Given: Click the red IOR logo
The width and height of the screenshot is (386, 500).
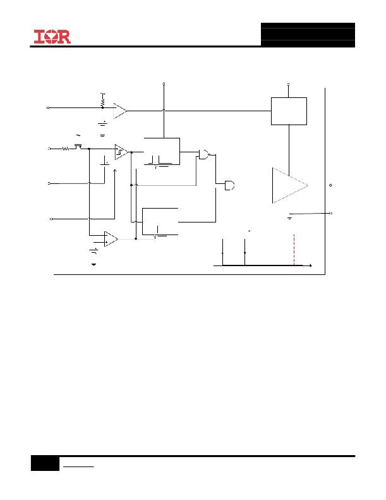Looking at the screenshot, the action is pyautogui.click(x=52, y=37).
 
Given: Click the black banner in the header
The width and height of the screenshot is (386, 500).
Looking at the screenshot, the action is pyautogui.click(x=308, y=35).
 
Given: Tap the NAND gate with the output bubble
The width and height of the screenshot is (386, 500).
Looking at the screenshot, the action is pyautogui.click(x=204, y=154).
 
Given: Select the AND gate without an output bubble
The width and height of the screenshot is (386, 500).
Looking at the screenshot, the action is pyautogui.click(x=229, y=185).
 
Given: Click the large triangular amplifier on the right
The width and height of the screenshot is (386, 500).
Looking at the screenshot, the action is pyautogui.click(x=290, y=185).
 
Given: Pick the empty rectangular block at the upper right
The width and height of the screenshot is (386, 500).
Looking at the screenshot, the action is pyautogui.click(x=289, y=111).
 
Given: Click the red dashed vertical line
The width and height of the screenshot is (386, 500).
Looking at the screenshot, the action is pyautogui.click(x=294, y=250).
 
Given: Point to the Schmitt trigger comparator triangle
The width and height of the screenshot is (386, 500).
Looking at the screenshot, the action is pyautogui.click(x=121, y=152).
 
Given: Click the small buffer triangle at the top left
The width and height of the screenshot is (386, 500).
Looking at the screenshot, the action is pyautogui.click(x=120, y=111).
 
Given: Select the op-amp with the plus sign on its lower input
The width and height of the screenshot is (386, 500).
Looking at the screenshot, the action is pyautogui.click(x=111, y=239).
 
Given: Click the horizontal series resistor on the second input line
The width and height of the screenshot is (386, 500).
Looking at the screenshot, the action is pyautogui.click(x=66, y=149).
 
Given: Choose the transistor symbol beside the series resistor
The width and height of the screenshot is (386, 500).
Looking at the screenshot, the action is pyautogui.click(x=78, y=147).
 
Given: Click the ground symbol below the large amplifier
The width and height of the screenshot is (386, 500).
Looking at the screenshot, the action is pyautogui.click(x=290, y=219).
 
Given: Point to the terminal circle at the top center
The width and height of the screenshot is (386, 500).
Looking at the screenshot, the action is pyautogui.click(x=164, y=84).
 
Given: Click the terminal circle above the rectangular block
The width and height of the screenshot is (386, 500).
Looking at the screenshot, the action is pyautogui.click(x=289, y=85).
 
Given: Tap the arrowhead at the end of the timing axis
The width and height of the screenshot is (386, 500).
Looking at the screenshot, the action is pyautogui.click(x=310, y=265).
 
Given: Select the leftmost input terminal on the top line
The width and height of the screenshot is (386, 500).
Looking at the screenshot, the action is pyautogui.click(x=48, y=108).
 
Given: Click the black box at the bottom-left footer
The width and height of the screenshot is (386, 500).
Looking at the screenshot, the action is pyautogui.click(x=45, y=463).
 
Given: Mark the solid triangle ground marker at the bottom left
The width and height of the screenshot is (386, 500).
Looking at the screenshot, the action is pyautogui.click(x=93, y=264).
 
